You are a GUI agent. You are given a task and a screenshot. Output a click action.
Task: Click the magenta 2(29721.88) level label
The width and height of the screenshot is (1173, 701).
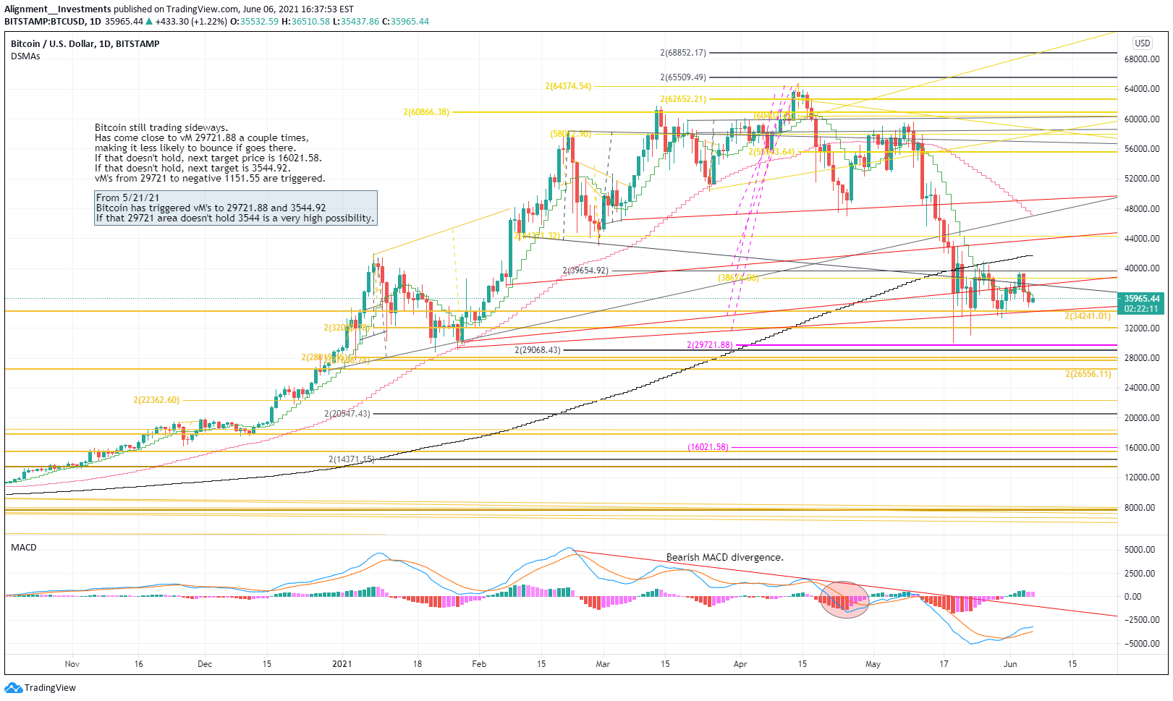click(709, 345)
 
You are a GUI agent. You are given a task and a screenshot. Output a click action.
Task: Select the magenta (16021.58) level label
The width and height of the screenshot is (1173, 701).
click(708, 447)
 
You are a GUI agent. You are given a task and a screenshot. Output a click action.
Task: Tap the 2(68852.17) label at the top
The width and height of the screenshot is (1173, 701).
click(682, 53)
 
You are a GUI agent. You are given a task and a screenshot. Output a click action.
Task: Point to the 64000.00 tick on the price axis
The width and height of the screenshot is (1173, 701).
click(1142, 89)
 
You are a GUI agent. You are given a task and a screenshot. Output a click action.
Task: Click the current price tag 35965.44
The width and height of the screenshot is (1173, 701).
click(1142, 298)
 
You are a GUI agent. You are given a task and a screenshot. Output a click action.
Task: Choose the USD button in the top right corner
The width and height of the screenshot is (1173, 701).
click(1142, 43)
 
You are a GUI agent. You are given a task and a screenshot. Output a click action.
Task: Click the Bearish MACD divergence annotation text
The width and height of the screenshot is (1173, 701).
click(724, 558)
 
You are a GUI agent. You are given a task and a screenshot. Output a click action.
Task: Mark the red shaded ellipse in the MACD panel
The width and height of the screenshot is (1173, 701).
click(844, 600)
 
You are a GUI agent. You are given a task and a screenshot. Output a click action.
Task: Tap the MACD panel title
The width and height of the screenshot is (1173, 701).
click(24, 548)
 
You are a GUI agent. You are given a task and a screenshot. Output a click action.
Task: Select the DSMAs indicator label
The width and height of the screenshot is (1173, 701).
click(25, 56)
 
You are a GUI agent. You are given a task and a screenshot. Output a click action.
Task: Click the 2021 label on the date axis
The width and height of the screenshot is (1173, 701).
click(342, 664)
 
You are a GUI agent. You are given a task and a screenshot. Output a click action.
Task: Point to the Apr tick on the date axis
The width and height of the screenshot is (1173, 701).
click(740, 664)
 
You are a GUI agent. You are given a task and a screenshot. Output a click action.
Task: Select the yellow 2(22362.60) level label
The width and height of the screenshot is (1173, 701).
click(156, 400)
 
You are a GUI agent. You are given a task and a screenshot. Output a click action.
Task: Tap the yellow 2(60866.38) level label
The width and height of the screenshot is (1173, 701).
click(426, 112)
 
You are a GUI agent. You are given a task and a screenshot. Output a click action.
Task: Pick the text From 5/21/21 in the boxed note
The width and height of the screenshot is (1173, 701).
click(128, 197)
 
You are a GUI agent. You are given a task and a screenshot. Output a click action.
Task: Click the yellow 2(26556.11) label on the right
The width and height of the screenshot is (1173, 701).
click(1088, 374)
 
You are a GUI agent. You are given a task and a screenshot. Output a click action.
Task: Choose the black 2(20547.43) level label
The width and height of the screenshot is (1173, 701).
click(347, 414)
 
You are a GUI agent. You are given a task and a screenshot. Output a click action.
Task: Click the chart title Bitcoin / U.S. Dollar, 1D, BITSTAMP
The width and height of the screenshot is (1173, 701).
click(85, 44)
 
